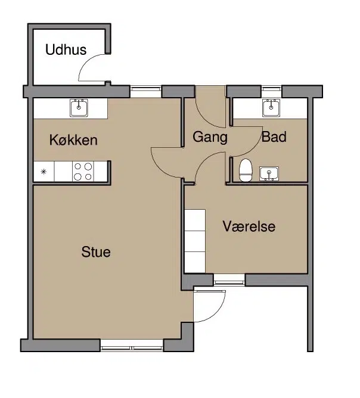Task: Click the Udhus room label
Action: tap(66, 49)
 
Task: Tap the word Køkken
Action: tap(73, 140)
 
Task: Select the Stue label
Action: tap(96, 252)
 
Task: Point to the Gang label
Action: tap(210, 137)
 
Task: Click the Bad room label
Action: tap(274, 136)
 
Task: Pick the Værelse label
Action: tap(249, 226)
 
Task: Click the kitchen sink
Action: tap(79, 108)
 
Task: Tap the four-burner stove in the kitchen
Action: tap(83, 172)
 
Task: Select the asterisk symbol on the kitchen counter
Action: tap(44, 172)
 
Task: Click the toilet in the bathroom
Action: tap(246, 170)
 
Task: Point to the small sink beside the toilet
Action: tap(269, 173)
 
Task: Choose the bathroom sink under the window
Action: tap(271, 108)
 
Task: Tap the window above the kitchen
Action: tap(146, 92)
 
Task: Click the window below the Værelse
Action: tap(229, 280)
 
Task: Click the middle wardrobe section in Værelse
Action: tap(195, 241)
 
